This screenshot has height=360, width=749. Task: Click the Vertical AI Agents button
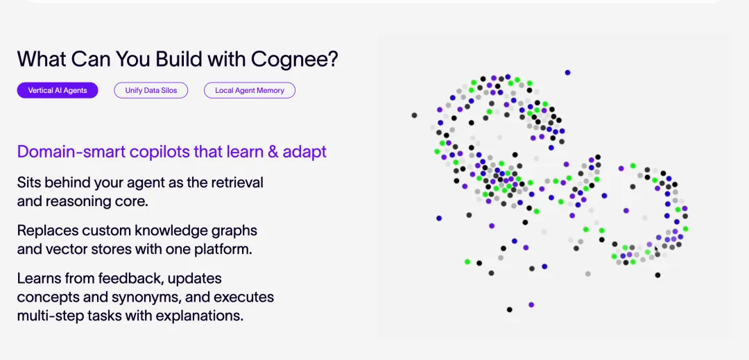point(58,90)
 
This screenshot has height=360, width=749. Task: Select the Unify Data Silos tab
point(150,90)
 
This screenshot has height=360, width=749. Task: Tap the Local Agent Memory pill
point(250,90)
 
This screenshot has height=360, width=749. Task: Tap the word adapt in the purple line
point(304,151)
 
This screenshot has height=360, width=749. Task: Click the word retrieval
point(236,182)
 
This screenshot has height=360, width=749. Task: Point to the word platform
point(220,248)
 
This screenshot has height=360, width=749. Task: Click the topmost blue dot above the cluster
point(567,72)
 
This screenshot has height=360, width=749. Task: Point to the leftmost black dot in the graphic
point(414,115)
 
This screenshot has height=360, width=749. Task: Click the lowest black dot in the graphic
point(509,309)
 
